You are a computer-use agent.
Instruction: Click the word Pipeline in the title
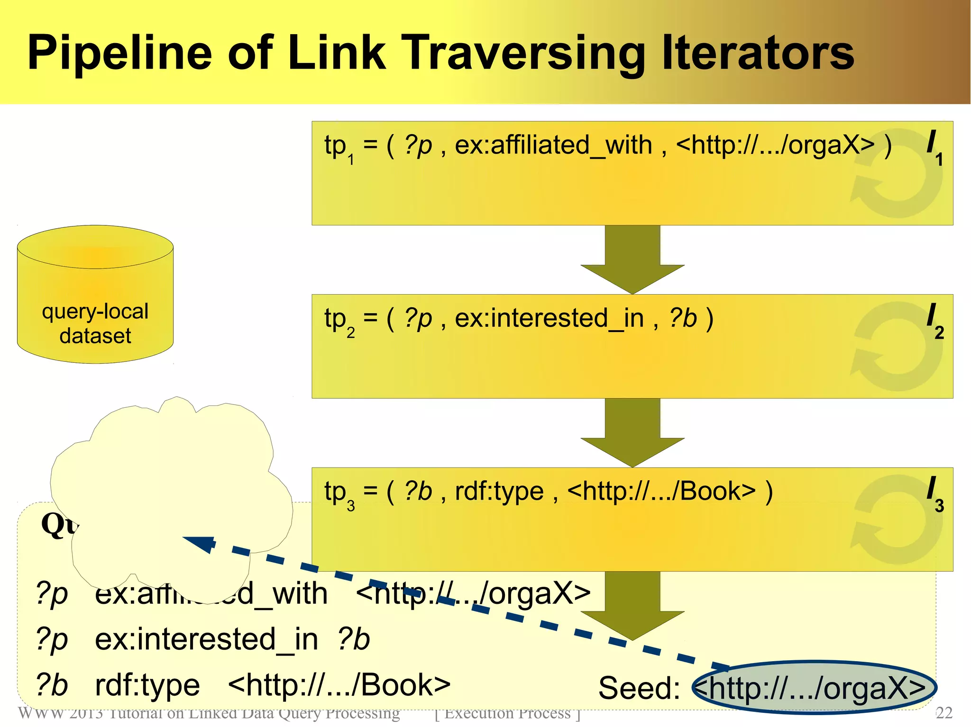[x=119, y=53]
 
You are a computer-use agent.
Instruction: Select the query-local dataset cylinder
[x=95, y=295]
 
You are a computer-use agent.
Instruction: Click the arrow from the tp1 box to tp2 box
[x=632, y=260]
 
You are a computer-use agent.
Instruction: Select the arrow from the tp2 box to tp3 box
[x=632, y=432]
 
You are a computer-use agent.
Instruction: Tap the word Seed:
[x=639, y=688]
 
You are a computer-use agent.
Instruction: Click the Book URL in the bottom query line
[x=339, y=685]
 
